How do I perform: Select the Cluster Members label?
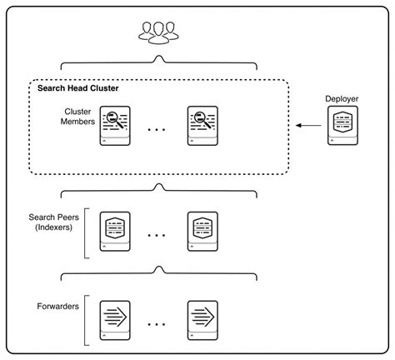tap(78, 117)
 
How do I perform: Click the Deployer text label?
tap(342, 98)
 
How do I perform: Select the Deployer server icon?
tap(342, 127)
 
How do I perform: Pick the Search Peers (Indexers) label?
tap(55, 222)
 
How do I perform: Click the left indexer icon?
tap(115, 230)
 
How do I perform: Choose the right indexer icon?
tap(202, 230)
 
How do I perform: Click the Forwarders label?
tap(59, 307)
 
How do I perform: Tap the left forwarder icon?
tap(115, 319)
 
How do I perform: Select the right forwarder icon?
tap(202, 319)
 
